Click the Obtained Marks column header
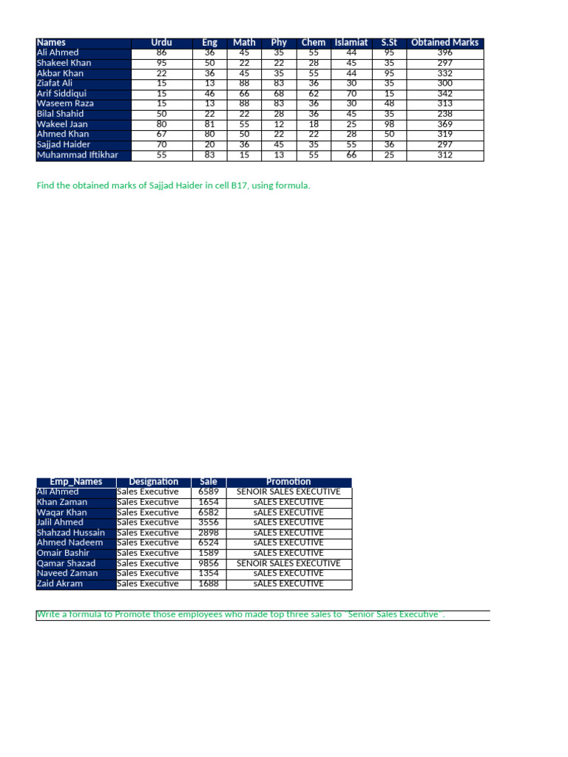point(444,43)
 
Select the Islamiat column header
point(351,43)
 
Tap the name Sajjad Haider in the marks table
point(64,145)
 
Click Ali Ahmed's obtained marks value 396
point(444,53)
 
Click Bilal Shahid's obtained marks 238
point(444,114)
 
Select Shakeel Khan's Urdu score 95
point(162,64)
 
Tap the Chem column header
point(314,43)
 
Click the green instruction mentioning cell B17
point(174,186)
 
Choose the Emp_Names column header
point(76,482)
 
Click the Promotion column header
point(289,482)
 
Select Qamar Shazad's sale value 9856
point(209,563)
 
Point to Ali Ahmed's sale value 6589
point(209,492)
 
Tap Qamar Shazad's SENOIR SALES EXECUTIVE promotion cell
point(289,563)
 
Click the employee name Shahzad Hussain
point(71,533)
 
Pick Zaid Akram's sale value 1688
point(209,584)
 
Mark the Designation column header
point(154,482)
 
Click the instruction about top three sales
point(241,615)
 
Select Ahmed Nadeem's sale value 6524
point(209,543)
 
